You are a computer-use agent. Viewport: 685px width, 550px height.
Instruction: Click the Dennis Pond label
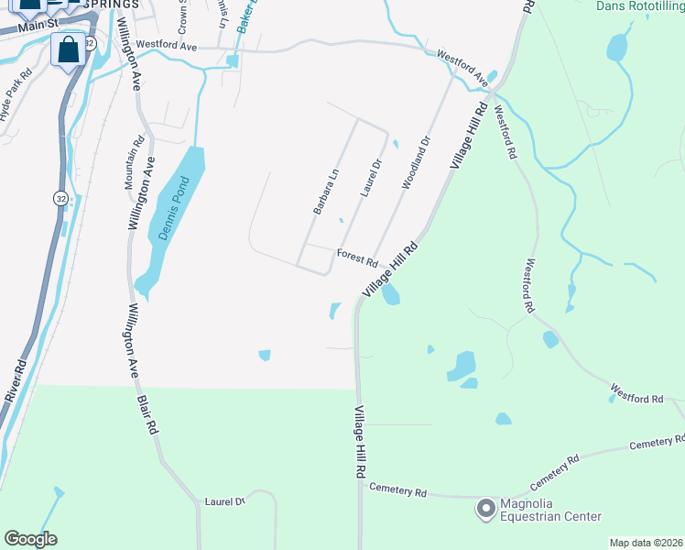pos(170,208)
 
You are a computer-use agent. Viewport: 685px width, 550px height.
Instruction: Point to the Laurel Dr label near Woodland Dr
pos(370,178)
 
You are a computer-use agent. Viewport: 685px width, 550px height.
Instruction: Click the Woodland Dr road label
pos(416,163)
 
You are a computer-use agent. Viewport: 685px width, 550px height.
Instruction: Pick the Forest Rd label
pos(357,257)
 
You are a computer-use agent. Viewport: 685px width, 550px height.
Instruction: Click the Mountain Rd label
pos(135,162)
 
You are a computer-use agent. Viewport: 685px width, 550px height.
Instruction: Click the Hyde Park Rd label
pos(16,95)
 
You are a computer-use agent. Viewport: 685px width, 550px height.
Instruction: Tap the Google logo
pos(30,539)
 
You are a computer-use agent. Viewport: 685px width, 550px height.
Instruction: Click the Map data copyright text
pos(646,543)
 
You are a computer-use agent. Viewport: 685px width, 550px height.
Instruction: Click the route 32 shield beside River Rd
pos(60,198)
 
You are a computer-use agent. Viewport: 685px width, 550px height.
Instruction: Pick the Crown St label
pos(182,11)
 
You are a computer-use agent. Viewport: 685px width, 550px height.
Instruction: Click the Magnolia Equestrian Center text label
pos(549,511)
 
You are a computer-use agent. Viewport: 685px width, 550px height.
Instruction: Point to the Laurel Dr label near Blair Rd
pos(224,501)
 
